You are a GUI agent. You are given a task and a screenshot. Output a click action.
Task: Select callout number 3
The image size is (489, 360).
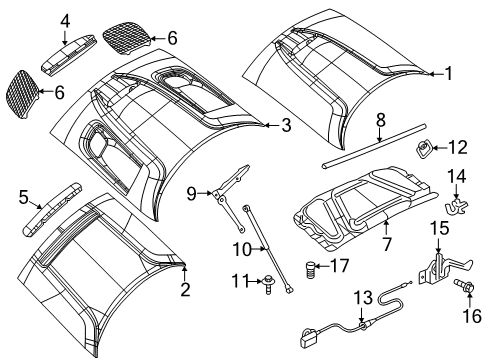click(285, 125)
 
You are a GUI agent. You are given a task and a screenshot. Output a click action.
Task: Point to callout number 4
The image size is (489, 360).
click(65, 20)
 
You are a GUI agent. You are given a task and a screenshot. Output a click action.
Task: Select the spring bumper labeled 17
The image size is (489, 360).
click(311, 268)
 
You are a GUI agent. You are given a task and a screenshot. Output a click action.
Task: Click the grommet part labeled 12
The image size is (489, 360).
click(424, 150)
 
